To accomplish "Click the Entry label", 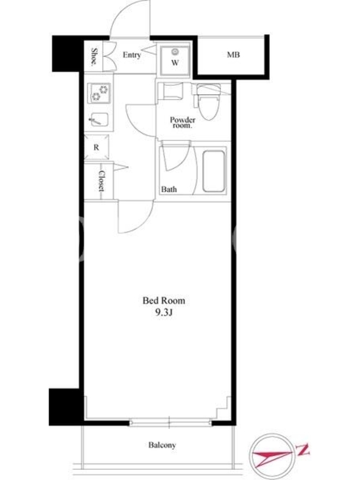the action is (x=131, y=55).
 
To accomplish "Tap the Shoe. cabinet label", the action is (x=95, y=56).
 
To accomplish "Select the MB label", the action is (x=233, y=55).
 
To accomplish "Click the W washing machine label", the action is (x=175, y=63).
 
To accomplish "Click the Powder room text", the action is (x=182, y=122).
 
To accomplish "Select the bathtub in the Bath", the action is (x=214, y=172).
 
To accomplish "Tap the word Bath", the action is (x=169, y=190).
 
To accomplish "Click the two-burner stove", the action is (x=100, y=93).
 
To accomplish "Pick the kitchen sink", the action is (x=98, y=119).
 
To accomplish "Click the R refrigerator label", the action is (x=97, y=147).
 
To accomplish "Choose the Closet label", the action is (x=101, y=181).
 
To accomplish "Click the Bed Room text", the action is (x=164, y=301).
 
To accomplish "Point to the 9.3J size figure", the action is (x=164, y=313).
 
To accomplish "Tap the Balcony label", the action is (x=162, y=445).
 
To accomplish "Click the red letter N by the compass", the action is (x=303, y=451).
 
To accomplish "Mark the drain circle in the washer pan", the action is (x=175, y=52).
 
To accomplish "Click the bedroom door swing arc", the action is (x=143, y=222).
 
